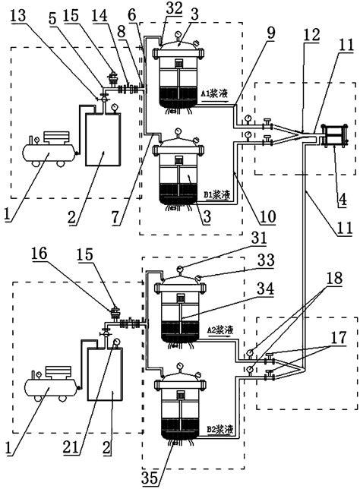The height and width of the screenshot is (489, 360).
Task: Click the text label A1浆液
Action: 214,94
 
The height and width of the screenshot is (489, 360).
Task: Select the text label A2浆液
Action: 221,331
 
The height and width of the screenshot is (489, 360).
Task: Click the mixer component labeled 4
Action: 334,136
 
